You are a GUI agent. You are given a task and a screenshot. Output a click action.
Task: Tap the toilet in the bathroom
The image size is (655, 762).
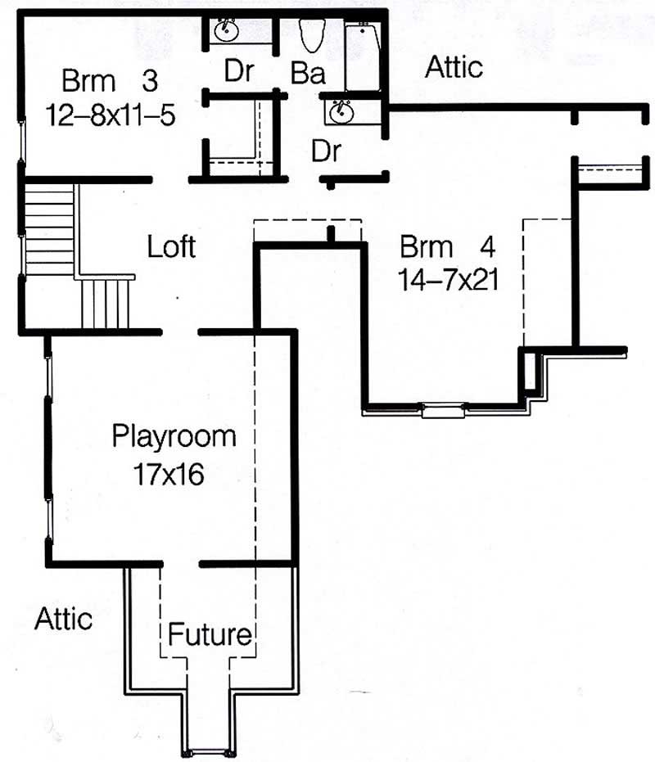[x=310, y=34]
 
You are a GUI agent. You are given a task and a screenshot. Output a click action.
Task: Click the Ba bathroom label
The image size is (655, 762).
[x=308, y=74]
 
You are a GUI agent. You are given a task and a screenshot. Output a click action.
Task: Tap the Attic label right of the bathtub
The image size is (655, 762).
[x=454, y=67]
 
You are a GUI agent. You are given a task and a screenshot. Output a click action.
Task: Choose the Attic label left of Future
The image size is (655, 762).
[x=63, y=619]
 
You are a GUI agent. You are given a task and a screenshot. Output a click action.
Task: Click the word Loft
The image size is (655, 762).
[x=171, y=246]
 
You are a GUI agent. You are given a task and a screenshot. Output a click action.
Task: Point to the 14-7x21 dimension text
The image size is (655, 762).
[x=449, y=280]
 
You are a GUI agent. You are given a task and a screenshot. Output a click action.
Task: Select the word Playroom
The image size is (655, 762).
[x=174, y=435]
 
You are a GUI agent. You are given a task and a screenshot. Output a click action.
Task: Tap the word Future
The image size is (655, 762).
[x=210, y=634]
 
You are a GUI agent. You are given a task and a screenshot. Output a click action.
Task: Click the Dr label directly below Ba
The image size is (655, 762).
[x=325, y=151]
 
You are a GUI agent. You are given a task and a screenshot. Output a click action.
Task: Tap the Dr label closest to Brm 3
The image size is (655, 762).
[x=238, y=72]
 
